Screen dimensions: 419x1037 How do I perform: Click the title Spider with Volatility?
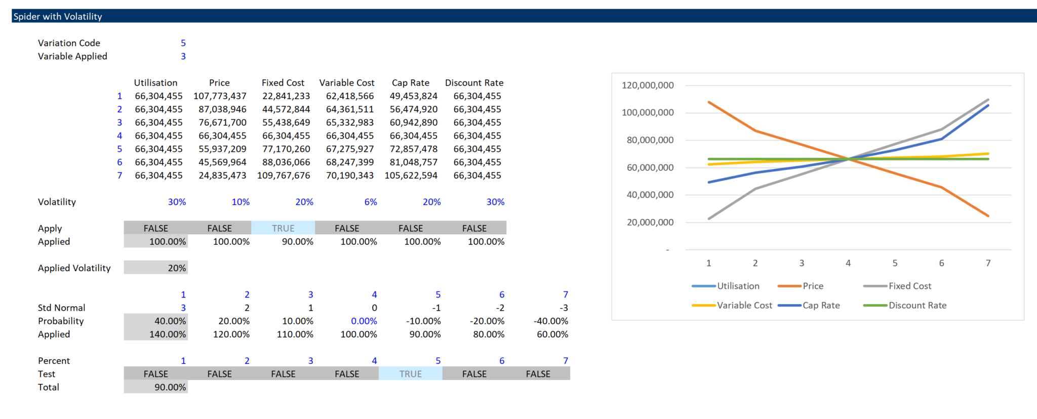[x=58, y=16]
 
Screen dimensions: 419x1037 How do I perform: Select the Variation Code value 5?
[x=183, y=43]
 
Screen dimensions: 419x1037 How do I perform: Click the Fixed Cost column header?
[x=283, y=82]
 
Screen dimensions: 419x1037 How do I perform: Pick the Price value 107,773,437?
[x=220, y=96]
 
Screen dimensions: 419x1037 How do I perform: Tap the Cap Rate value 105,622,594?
[x=411, y=175]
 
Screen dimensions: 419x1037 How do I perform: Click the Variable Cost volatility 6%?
[x=371, y=201]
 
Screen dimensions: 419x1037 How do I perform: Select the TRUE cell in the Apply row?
[x=283, y=228]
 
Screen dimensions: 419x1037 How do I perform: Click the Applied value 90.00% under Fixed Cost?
[x=297, y=241]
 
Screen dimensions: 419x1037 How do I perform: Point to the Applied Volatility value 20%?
[x=177, y=268]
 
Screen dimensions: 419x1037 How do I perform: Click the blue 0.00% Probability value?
[x=364, y=321]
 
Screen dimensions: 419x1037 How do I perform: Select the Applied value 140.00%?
[x=168, y=334]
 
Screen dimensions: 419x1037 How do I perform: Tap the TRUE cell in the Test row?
[x=410, y=373]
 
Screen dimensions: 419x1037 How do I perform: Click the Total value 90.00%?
[x=170, y=387]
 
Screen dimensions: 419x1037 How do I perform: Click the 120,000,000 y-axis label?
[x=648, y=85]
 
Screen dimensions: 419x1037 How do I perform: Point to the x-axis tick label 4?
[x=848, y=263]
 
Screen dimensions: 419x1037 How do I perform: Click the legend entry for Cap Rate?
[x=821, y=305]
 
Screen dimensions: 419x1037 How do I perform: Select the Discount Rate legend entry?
[x=917, y=305]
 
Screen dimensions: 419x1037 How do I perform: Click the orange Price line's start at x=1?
[x=709, y=102]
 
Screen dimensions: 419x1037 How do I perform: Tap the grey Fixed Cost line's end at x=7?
[x=988, y=100]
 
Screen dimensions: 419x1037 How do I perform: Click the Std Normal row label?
[x=61, y=308]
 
